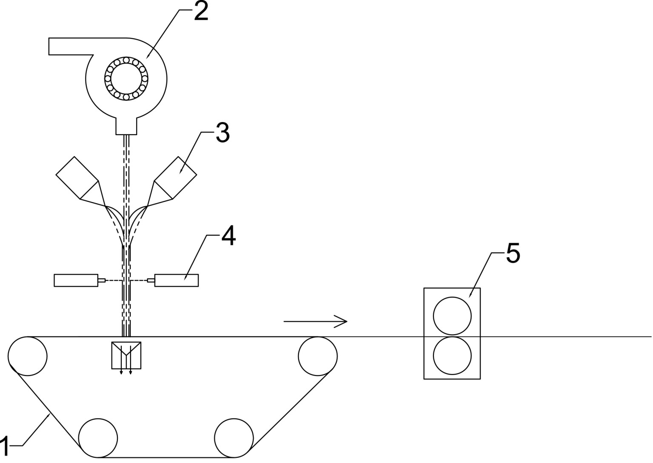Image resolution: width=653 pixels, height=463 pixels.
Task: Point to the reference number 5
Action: point(513,254)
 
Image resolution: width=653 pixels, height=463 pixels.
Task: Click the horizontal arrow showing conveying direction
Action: point(315,321)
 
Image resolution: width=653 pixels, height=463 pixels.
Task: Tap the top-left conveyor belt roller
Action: point(27,356)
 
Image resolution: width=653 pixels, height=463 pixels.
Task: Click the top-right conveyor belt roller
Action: point(318,356)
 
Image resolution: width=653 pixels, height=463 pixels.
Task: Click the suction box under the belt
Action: point(126,355)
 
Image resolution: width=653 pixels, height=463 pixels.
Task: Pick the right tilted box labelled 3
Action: point(175,178)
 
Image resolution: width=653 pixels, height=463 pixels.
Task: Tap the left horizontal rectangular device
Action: point(76,280)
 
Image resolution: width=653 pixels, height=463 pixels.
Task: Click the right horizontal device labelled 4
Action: point(176,280)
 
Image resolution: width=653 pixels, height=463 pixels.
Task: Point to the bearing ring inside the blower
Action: point(126,79)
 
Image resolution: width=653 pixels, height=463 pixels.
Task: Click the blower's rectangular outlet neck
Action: point(126,126)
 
